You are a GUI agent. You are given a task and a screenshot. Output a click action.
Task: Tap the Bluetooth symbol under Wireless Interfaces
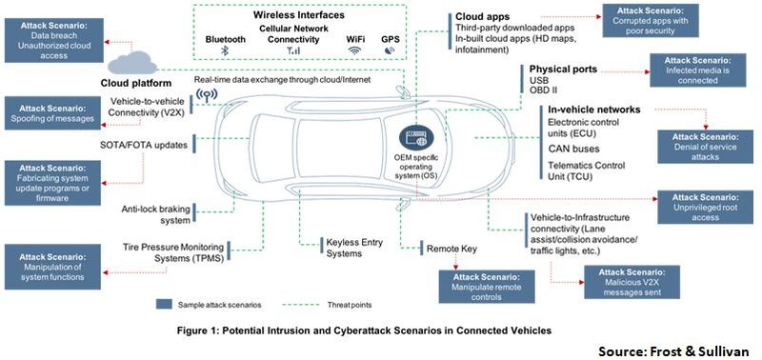coord(225,53)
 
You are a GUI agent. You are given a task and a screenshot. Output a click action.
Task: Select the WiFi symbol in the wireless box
coord(355,53)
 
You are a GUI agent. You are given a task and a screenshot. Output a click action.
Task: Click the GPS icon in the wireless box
coord(391,53)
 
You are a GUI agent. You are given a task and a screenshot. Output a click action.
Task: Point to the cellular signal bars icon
coord(292,53)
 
